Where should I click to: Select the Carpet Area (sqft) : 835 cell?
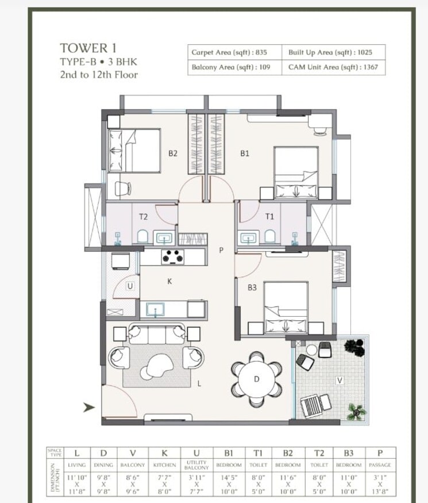click(x=229, y=52)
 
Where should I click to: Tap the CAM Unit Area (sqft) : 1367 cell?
click(x=330, y=67)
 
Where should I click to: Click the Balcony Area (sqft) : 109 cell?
click(x=229, y=67)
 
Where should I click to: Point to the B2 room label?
click(x=172, y=153)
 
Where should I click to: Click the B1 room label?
click(x=244, y=153)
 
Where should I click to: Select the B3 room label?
click(x=252, y=287)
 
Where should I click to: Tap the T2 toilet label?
click(x=144, y=217)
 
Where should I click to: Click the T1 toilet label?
click(x=269, y=217)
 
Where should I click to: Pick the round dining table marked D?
click(x=257, y=379)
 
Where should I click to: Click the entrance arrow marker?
click(x=88, y=408)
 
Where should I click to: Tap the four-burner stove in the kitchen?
click(x=172, y=256)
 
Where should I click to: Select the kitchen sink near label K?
click(x=155, y=310)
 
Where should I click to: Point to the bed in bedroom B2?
click(x=134, y=151)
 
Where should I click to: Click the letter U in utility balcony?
click(x=130, y=286)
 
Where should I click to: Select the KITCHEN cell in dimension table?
click(x=164, y=464)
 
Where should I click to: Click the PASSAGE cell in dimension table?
click(x=380, y=464)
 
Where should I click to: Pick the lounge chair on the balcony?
click(x=315, y=405)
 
